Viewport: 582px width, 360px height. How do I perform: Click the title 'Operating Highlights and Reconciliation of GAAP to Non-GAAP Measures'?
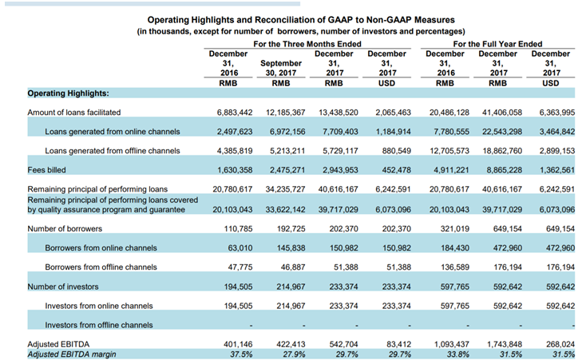click(301, 20)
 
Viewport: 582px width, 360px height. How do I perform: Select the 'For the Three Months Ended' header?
click(307, 44)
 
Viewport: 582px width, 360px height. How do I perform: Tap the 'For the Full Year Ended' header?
click(497, 44)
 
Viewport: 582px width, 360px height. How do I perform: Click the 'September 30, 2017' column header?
click(281, 68)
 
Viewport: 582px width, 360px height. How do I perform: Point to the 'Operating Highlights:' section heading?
click(69, 93)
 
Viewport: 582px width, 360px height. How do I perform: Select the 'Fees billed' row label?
click(47, 170)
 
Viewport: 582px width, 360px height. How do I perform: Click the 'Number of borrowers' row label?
click(65, 228)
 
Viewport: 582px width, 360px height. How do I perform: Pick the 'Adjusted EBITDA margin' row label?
click(72, 354)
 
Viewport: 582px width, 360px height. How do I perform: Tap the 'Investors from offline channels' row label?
click(99, 325)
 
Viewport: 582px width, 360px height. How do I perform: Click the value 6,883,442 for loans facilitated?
click(235, 112)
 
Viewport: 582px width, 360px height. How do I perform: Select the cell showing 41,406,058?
click(502, 112)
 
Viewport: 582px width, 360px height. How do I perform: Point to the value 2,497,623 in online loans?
click(235, 132)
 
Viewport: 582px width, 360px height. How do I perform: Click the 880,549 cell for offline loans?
click(397, 151)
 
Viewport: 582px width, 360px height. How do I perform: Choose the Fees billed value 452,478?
click(397, 170)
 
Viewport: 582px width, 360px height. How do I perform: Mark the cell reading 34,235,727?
click(286, 189)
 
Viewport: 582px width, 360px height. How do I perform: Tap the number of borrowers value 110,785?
click(238, 228)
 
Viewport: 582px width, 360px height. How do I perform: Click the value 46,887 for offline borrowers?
click(293, 267)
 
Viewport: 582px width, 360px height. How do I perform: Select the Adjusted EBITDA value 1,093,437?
click(452, 344)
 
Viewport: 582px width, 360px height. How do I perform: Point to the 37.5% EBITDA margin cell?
click(241, 354)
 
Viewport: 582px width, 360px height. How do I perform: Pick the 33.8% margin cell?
click(458, 354)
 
